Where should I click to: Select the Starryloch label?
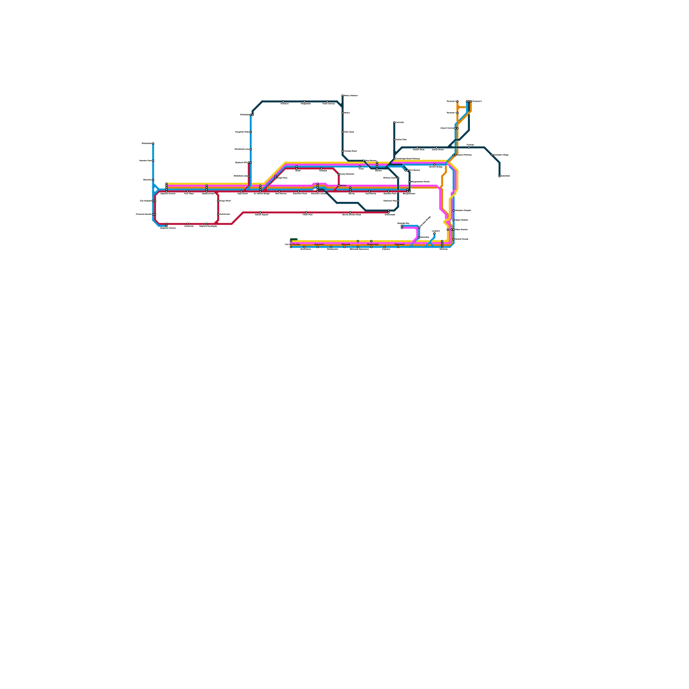[319, 244]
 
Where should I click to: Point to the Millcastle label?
[346, 244]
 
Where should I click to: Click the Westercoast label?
[372, 244]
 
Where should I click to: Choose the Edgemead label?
[400, 244]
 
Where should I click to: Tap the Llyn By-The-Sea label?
[292, 244]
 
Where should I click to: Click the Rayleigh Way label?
[403, 223]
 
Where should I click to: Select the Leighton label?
[436, 231]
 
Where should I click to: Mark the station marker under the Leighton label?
[435, 234]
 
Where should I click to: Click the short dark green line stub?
[294, 239]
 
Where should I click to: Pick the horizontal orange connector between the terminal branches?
[462, 107]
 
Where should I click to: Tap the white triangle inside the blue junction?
[155, 189]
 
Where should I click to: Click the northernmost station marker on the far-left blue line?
[153, 143]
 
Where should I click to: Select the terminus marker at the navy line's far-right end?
[500, 176]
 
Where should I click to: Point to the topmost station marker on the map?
[343, 96]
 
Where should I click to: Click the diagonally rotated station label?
[425, 221]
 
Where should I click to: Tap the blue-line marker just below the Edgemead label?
[398, 247]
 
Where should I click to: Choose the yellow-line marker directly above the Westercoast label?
[371, 241]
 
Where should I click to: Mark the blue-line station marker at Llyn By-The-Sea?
[291, 247]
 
